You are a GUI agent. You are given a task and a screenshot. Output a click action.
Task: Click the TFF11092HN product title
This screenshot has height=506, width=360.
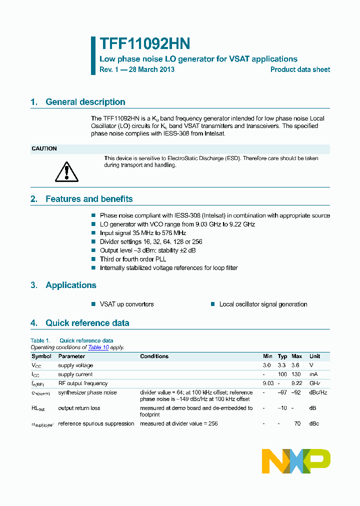tap(144, 44)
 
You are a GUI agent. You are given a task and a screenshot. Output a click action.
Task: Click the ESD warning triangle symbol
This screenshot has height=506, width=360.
tap(64, 171)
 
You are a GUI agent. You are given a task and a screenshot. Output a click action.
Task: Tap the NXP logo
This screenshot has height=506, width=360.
tap(296, 460)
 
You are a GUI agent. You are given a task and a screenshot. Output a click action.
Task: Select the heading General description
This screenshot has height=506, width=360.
tap(85, 102)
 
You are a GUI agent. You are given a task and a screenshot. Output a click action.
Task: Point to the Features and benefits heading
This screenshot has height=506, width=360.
tap(89, 199)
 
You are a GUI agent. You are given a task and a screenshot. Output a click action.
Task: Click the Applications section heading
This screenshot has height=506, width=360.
tap(70, 285)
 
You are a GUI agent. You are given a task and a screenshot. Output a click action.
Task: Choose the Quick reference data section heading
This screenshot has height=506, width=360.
tap(87, 323)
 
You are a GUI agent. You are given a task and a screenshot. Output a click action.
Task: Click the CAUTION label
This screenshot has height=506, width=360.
tap(44, 148)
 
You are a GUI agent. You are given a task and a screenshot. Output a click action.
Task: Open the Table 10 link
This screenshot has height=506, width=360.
tap(98, 347)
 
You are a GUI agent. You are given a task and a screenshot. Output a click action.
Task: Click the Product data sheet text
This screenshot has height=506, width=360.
tap(300, 70)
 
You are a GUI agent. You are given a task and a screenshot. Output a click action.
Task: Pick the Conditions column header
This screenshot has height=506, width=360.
tap(154, 356)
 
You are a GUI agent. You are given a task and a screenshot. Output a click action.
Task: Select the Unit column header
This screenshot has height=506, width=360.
tap(314, 356)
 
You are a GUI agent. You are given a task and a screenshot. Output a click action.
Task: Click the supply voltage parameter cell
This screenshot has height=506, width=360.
tap(75, 365)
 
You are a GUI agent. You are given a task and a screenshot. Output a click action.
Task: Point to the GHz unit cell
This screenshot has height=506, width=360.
tap(315, 383)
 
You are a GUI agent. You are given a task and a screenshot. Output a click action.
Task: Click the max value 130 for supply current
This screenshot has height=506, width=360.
tap(296, 374)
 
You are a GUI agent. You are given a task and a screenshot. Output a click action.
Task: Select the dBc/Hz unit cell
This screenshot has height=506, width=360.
tap(318, 392)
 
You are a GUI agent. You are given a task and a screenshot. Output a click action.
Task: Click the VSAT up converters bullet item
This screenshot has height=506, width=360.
tap(126, 304)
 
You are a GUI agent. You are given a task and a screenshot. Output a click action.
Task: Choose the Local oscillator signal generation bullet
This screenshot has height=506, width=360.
tap(263, 304)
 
